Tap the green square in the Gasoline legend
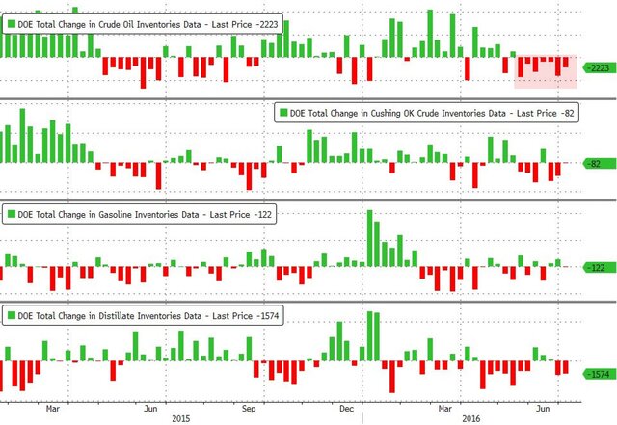[12, 213]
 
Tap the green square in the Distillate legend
[12, 315]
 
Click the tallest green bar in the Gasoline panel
[370, 237]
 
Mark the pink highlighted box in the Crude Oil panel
[545, 71]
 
